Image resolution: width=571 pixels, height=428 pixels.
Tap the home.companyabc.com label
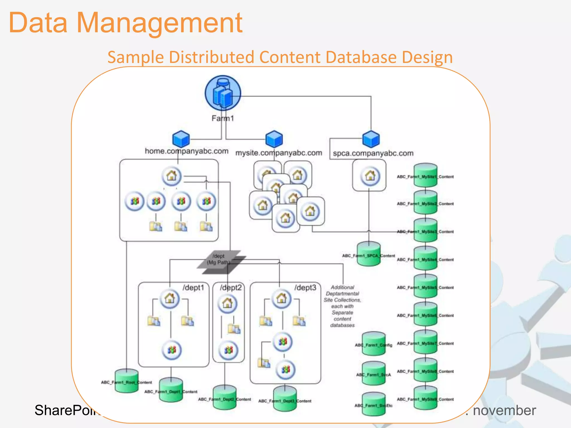point(186,151)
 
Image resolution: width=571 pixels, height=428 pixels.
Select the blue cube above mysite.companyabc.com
point(274,139)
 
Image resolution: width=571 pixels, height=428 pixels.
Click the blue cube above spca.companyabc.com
point(371,139)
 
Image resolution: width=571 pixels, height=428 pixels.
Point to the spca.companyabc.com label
point(373,153)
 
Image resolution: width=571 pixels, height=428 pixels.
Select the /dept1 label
point(193,288)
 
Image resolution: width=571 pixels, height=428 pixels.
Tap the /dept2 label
point(231,288)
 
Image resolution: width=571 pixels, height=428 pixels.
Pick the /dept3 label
point(305,288)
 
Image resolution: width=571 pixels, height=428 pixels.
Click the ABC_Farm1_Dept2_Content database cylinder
point(224,398)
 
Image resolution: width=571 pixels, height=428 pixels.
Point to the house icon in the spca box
point(370,176)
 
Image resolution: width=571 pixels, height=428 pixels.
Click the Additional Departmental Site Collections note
point(342,306)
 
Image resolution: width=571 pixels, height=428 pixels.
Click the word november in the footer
point(504,410)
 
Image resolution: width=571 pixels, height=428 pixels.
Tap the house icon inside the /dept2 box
point(227,303)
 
